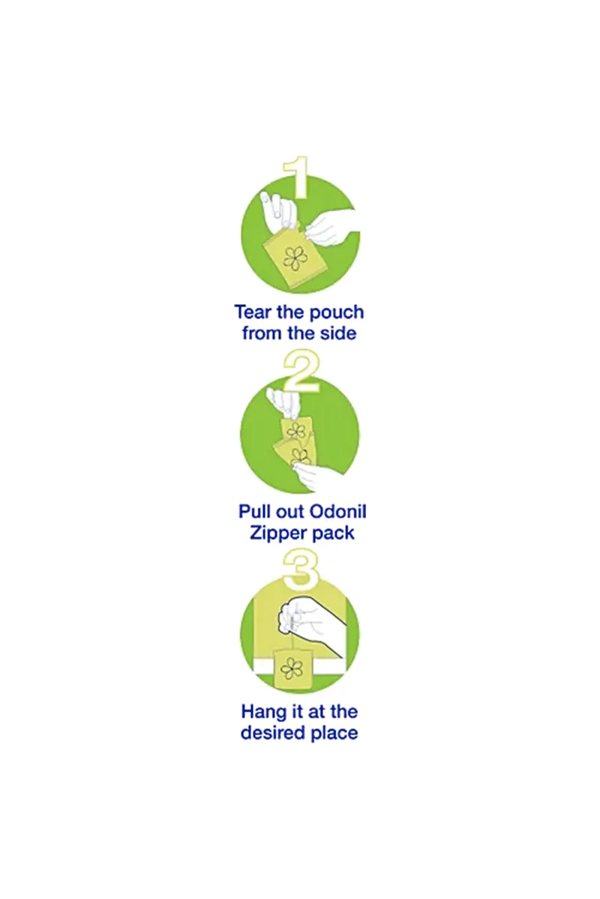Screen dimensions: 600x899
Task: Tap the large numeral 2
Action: pos(301,371)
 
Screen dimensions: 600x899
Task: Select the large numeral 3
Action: pos(301,570)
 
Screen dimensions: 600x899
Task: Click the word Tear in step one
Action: pos(253,312)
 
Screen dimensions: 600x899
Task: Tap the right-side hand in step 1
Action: pos(331,228)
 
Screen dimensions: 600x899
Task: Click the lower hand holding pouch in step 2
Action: pos(322,478)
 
